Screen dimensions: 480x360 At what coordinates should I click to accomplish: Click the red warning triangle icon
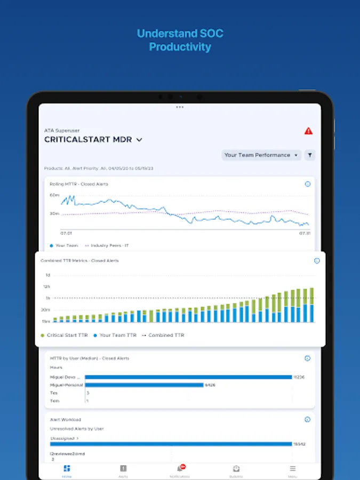[x=308, y=131]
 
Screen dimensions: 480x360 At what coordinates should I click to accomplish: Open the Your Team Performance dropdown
[x=261, y=155]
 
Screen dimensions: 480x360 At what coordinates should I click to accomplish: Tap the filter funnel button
[x=310, y=155]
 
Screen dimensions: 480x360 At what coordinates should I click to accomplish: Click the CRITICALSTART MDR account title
[x=89, y=140]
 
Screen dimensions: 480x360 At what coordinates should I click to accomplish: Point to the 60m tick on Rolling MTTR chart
[x=54, y=195]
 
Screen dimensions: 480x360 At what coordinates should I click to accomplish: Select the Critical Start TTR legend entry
[x=65, y=335]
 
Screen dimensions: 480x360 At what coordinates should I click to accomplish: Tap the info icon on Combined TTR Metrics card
[x=317, y=261]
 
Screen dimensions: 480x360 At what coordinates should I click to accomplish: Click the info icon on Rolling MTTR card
[x=308, y=184]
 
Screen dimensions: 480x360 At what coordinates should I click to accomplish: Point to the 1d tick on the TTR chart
[x=47, y=275]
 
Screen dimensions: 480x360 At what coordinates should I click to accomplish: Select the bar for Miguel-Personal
[x=144, y=385]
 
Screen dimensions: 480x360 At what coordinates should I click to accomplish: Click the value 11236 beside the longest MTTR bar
[x=299, y=377]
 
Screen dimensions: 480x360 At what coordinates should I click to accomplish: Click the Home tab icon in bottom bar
[x=67, y=469]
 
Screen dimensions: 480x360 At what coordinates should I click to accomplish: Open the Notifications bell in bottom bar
[x=180, y=468]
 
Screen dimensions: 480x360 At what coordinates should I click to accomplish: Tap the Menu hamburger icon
[x=292, y=468]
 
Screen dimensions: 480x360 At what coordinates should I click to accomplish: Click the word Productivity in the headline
[x=180, y=47]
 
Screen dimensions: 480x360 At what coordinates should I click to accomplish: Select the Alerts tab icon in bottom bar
[x=123, y=468]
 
